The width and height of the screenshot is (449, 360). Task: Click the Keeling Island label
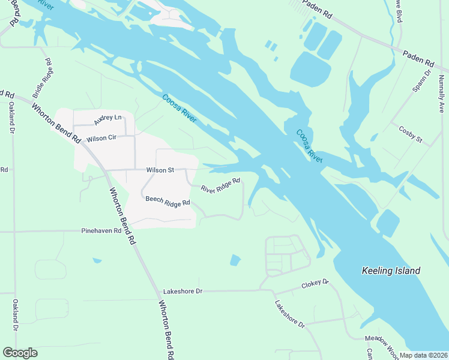[391, 271]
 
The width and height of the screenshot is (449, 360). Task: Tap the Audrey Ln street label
[108, 119]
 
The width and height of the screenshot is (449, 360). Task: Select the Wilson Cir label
[100, 139]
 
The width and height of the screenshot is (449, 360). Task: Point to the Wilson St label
[160, 170]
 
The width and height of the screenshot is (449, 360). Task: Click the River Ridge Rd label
[220, 185]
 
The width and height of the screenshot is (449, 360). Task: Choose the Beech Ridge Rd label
[167, 202]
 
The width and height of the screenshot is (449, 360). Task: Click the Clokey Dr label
[316, 282]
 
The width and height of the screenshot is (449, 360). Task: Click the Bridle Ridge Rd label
[43, 78]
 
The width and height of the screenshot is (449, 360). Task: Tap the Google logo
[20, 353]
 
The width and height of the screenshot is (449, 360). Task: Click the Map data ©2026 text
[424, 355]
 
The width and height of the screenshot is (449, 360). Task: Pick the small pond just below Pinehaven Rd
[97, 260]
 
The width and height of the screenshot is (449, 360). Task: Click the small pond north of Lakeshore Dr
[235, 260]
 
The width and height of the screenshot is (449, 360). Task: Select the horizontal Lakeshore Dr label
[183, 291]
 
